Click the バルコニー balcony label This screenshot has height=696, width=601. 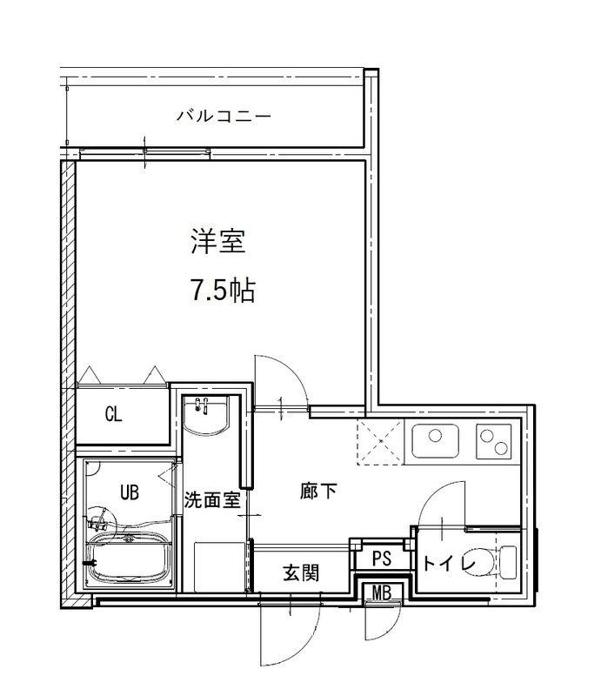tap(224, 114)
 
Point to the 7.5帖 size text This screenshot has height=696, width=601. tap(222, 291)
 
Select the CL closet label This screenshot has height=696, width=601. tap(113, 414)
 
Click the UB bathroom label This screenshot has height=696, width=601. tap(129, 493)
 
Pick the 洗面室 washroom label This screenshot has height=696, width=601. tap(211, 500)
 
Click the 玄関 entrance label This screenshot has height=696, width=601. tap(301, 572)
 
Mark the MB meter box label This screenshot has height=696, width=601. tap(381, 593)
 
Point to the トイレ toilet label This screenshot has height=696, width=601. tap(449, 564)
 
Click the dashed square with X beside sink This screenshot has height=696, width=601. tap(380, 441)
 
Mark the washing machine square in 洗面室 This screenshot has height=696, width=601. tap(217, 565)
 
